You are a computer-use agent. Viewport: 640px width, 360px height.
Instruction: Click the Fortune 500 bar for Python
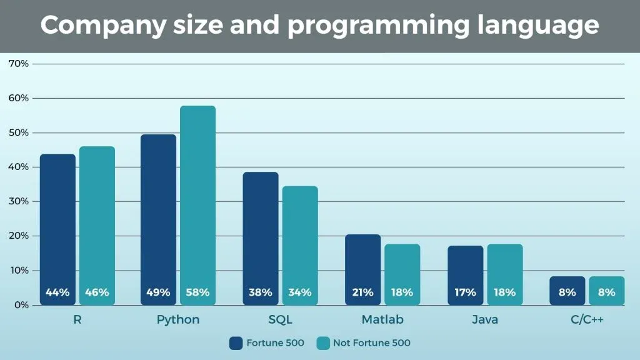tap(158, 219)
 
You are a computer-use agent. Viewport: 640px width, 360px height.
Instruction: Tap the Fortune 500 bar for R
tap(57, 229)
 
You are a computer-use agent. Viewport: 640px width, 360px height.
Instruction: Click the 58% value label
tap(197, 292)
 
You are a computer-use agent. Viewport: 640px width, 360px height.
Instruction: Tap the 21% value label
tap(362, 292)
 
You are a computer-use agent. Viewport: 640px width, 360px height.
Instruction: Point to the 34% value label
tap(300, 292)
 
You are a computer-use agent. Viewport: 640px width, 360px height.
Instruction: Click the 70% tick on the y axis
tap(18, 64)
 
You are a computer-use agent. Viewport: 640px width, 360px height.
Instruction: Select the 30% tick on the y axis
tap(18, 201)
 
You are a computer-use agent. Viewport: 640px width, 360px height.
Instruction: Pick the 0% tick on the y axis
tap(21, 305)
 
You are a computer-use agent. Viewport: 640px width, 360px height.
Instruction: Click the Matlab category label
tap(382, 320)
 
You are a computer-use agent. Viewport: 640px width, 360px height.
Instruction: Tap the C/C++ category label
tap(587, 320)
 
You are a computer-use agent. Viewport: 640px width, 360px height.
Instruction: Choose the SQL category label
tap(280, 320)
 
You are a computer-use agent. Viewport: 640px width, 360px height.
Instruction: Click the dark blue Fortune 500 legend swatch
tap(236, 343)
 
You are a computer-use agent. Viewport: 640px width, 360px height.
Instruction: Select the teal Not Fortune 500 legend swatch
tap(323, 343)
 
